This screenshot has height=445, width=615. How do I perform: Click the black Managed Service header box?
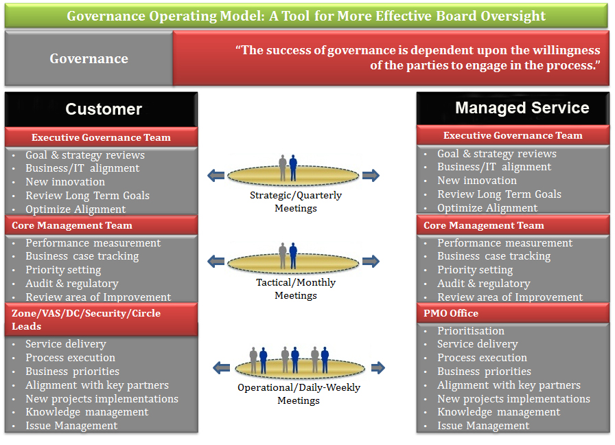[x=513, y=108]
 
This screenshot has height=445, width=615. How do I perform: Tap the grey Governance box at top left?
[x=89, y=58]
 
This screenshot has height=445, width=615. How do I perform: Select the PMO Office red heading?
[x=452, y=313]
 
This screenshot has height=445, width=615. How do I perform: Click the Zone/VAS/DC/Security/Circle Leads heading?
[x=86, y=319]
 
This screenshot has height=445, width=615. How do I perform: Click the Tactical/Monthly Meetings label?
[x=296, y=289]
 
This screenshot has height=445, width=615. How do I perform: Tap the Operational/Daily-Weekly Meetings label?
[x=299, y=393]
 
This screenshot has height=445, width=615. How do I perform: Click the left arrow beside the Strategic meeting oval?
[x=216, y=175]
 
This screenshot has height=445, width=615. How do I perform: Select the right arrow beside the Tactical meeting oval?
[x=371, y=261]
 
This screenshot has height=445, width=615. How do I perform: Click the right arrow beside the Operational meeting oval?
[x=376, y=367]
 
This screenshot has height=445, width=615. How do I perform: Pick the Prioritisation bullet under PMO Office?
[x=471, y=330]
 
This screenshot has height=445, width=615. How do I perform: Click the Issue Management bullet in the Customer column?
[x=71, y=426]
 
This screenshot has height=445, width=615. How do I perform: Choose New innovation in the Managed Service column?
[x=477, y=181]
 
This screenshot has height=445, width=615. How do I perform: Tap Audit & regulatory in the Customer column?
[x=72, y=284]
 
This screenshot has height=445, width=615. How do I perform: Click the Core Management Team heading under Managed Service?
[x=484, y=225]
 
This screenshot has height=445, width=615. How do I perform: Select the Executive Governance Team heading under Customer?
[x=101, y=137]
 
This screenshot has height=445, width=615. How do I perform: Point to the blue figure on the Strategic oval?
[x=293, y=168]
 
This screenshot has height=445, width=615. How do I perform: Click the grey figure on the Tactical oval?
[x=282, y=255]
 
